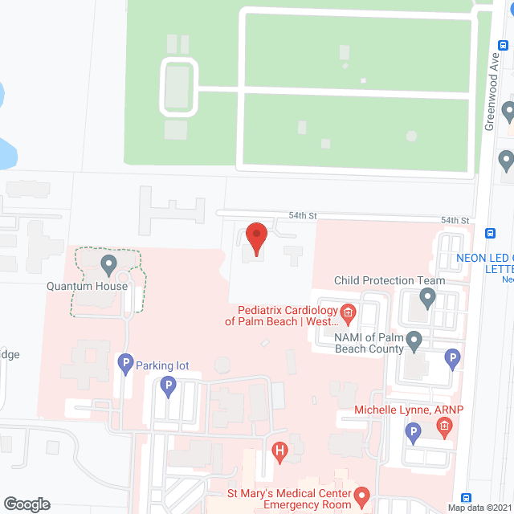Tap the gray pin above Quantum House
[x=108, y=263]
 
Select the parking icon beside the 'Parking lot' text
[x=124, y=365]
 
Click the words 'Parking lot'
[x=162, y=366]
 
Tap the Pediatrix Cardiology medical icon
[x=348, y=311]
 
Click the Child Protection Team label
[x=390, y=280]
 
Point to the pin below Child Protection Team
[x=427, y=300]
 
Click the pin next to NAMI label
[x=414, y=341]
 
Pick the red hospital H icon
[x=279, y=451]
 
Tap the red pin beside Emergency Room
[x=361, y=496]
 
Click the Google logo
[x=26, y=504]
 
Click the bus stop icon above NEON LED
[x=490, y=234]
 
